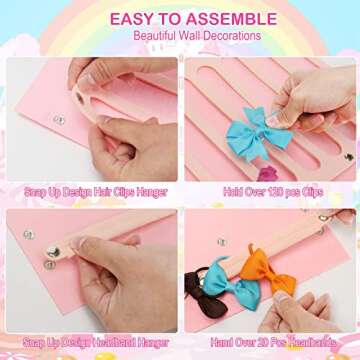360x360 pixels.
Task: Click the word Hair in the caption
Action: click(103, 190)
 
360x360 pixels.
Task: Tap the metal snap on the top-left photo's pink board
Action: click(59, 120)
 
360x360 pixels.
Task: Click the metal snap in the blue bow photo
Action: click(348, 156)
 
